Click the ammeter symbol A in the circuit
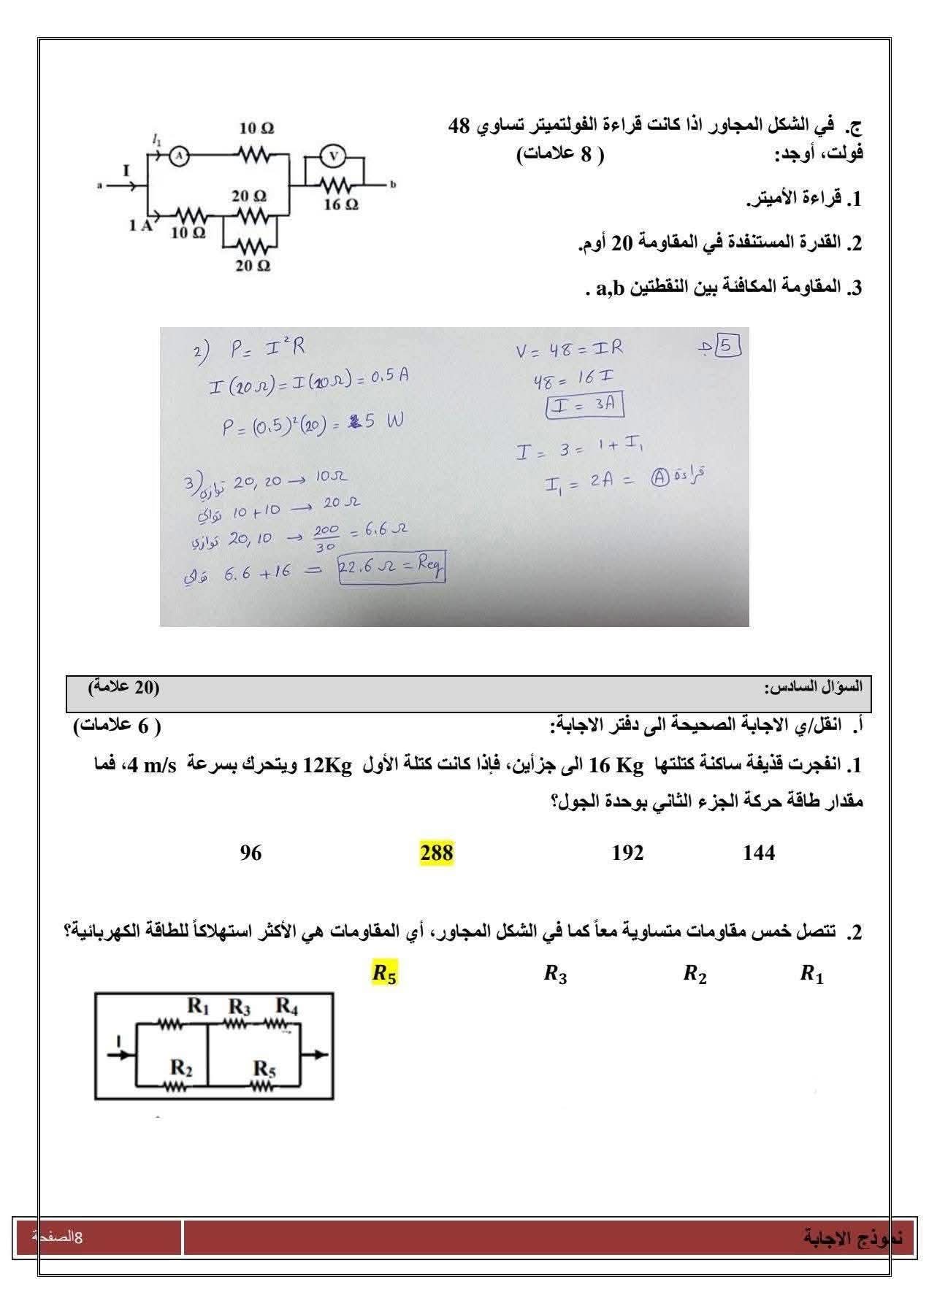pyautogui.click(x=179, y=155)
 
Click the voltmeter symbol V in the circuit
pyautogui.click(x=334, y=155)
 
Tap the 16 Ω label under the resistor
pyautogui.click(x=341, y=205)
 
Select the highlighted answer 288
pyautogui.click(x=437, y=853)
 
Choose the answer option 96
pyautogui.click(x=251, y=853)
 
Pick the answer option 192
pyautogui.click(x=628, y=853)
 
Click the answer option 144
pyautogui.click(x=759, y=853)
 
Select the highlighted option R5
pyautogui.click(x=385, y=974)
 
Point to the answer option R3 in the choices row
pyautogui.click(x=555, y=974)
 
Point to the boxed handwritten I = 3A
pyautogui.click(x=584, y=405)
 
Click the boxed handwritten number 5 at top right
pyautogui.click(x=727, y=345)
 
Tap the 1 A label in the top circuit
pyautogui.click(x=140, y=226)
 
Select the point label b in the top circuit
pyautogui.click(x=392, y=185)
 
